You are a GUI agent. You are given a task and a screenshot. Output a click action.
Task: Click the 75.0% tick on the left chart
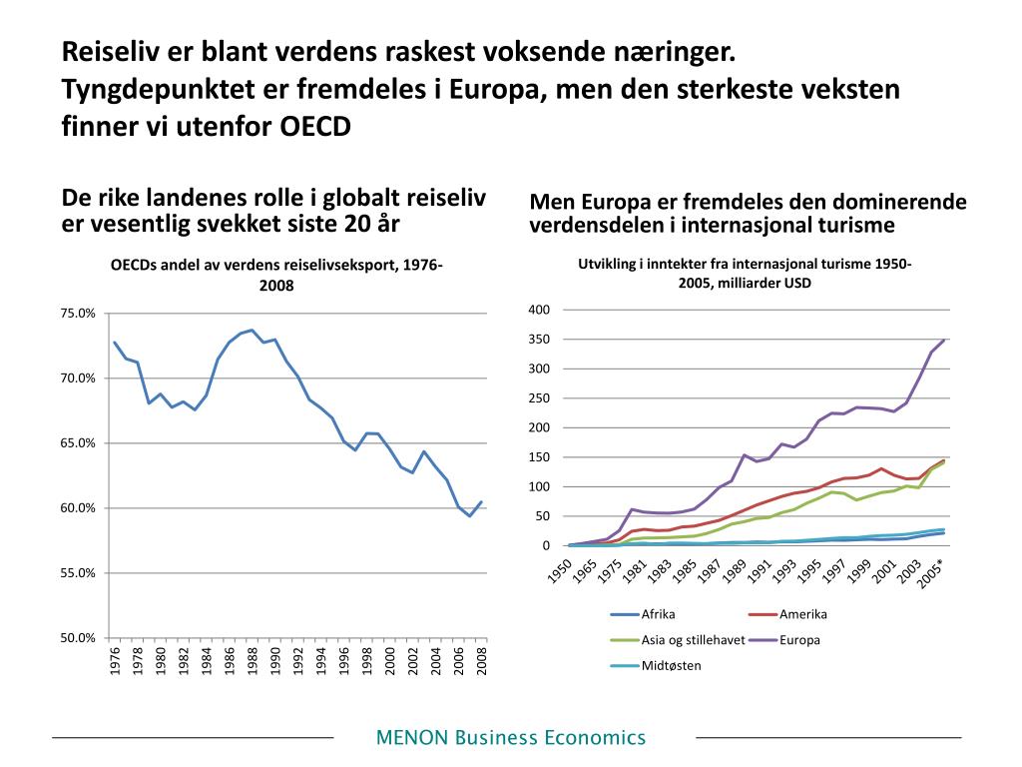tap(78, 314)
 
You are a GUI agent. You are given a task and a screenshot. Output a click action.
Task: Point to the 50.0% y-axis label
tap(78, 638)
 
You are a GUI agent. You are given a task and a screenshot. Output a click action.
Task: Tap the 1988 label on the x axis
tap(254, 662)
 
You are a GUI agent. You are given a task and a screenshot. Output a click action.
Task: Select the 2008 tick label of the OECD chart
tap(482, 662)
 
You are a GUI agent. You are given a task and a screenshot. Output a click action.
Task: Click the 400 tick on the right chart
tap(539, 310)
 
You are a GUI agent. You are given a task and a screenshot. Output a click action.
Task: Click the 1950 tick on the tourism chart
tap(562, 571)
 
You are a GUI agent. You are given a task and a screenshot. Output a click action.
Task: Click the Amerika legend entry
tap(803, 614)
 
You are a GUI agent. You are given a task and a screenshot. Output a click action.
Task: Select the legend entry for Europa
tap(799, 639)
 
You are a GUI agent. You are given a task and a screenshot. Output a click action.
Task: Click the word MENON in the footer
tap(412, 738)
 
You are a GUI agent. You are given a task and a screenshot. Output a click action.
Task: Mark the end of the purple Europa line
tap(944, 340)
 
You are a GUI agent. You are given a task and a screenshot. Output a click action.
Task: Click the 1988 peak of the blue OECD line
tap(253, 331)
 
